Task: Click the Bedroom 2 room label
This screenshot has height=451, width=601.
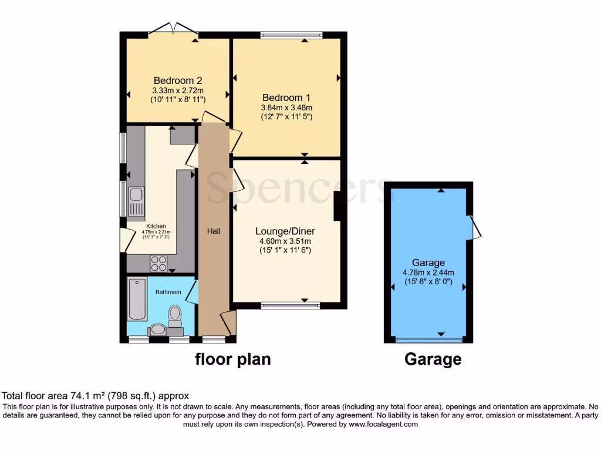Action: pos(177,80)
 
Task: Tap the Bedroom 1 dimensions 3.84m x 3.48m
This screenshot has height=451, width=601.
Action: pos(286,107)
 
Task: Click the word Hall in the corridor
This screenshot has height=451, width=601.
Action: pos(214,231)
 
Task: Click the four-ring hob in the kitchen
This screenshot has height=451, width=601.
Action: pos(158,263)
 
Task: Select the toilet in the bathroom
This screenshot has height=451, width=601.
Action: pos(175,315)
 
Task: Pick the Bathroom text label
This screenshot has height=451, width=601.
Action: pos(168,292)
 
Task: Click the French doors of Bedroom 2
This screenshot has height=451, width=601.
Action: pos(173,29)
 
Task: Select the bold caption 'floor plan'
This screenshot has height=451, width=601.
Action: pos(233,359)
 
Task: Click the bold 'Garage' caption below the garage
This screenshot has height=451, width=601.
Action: pos(433,359)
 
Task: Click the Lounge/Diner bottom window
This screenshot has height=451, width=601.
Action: pos(291,305)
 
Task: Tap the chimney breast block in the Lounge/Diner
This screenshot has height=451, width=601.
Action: pos(337,206)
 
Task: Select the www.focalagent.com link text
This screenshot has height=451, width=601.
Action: pos(383,424)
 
